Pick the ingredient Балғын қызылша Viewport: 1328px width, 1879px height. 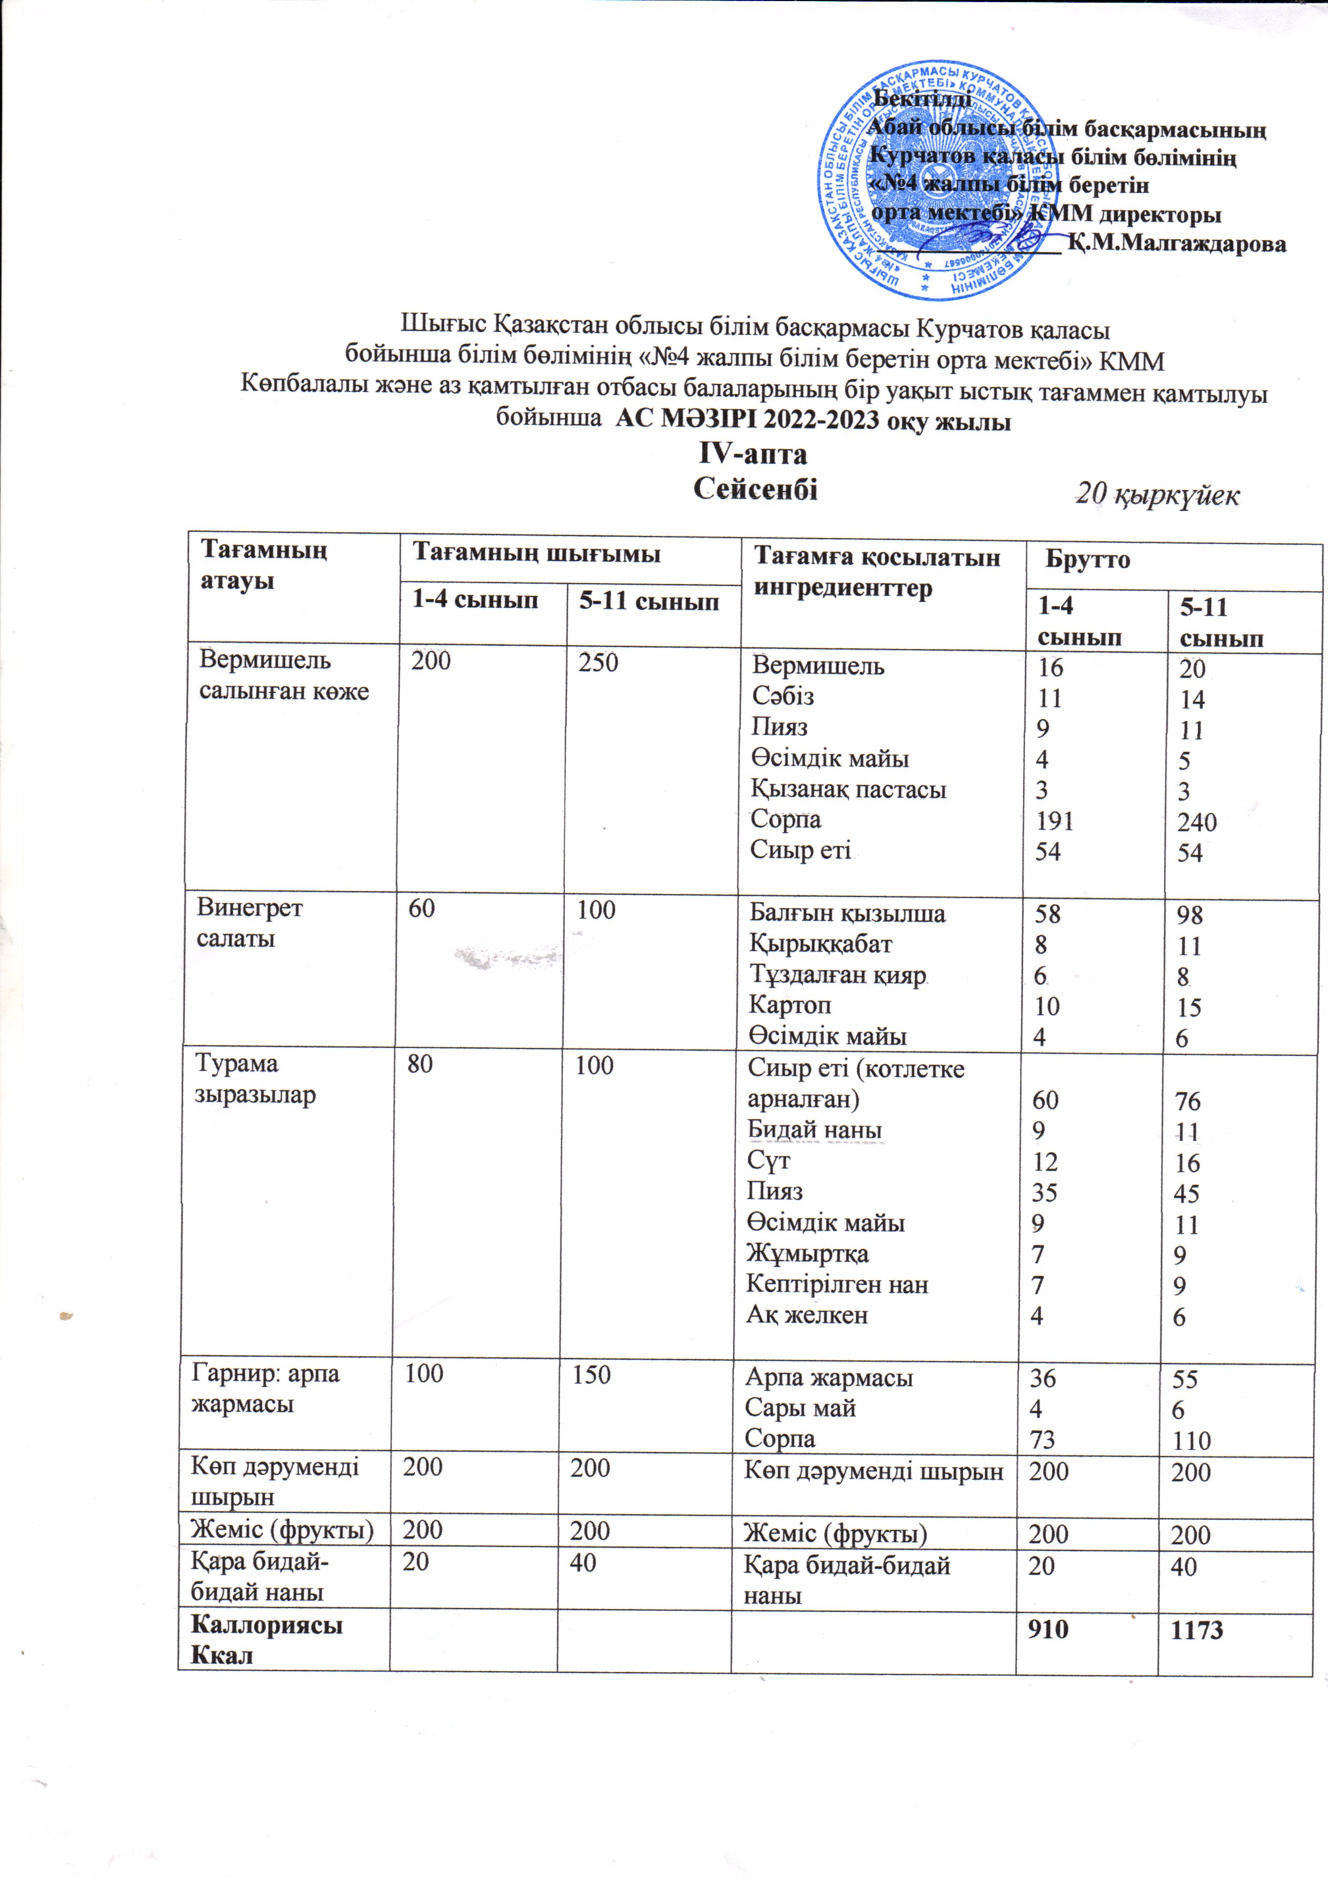pos(847,914)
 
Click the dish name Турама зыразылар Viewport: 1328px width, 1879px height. pos(254,1080)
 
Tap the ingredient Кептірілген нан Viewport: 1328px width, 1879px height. pos(836,1284)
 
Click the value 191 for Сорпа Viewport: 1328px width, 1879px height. pos(1054,821)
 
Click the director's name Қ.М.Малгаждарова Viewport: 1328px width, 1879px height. pos(1177,244)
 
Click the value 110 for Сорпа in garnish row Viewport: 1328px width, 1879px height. pos(1190,1440)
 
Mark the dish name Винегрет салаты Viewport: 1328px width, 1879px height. pos(249,922)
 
